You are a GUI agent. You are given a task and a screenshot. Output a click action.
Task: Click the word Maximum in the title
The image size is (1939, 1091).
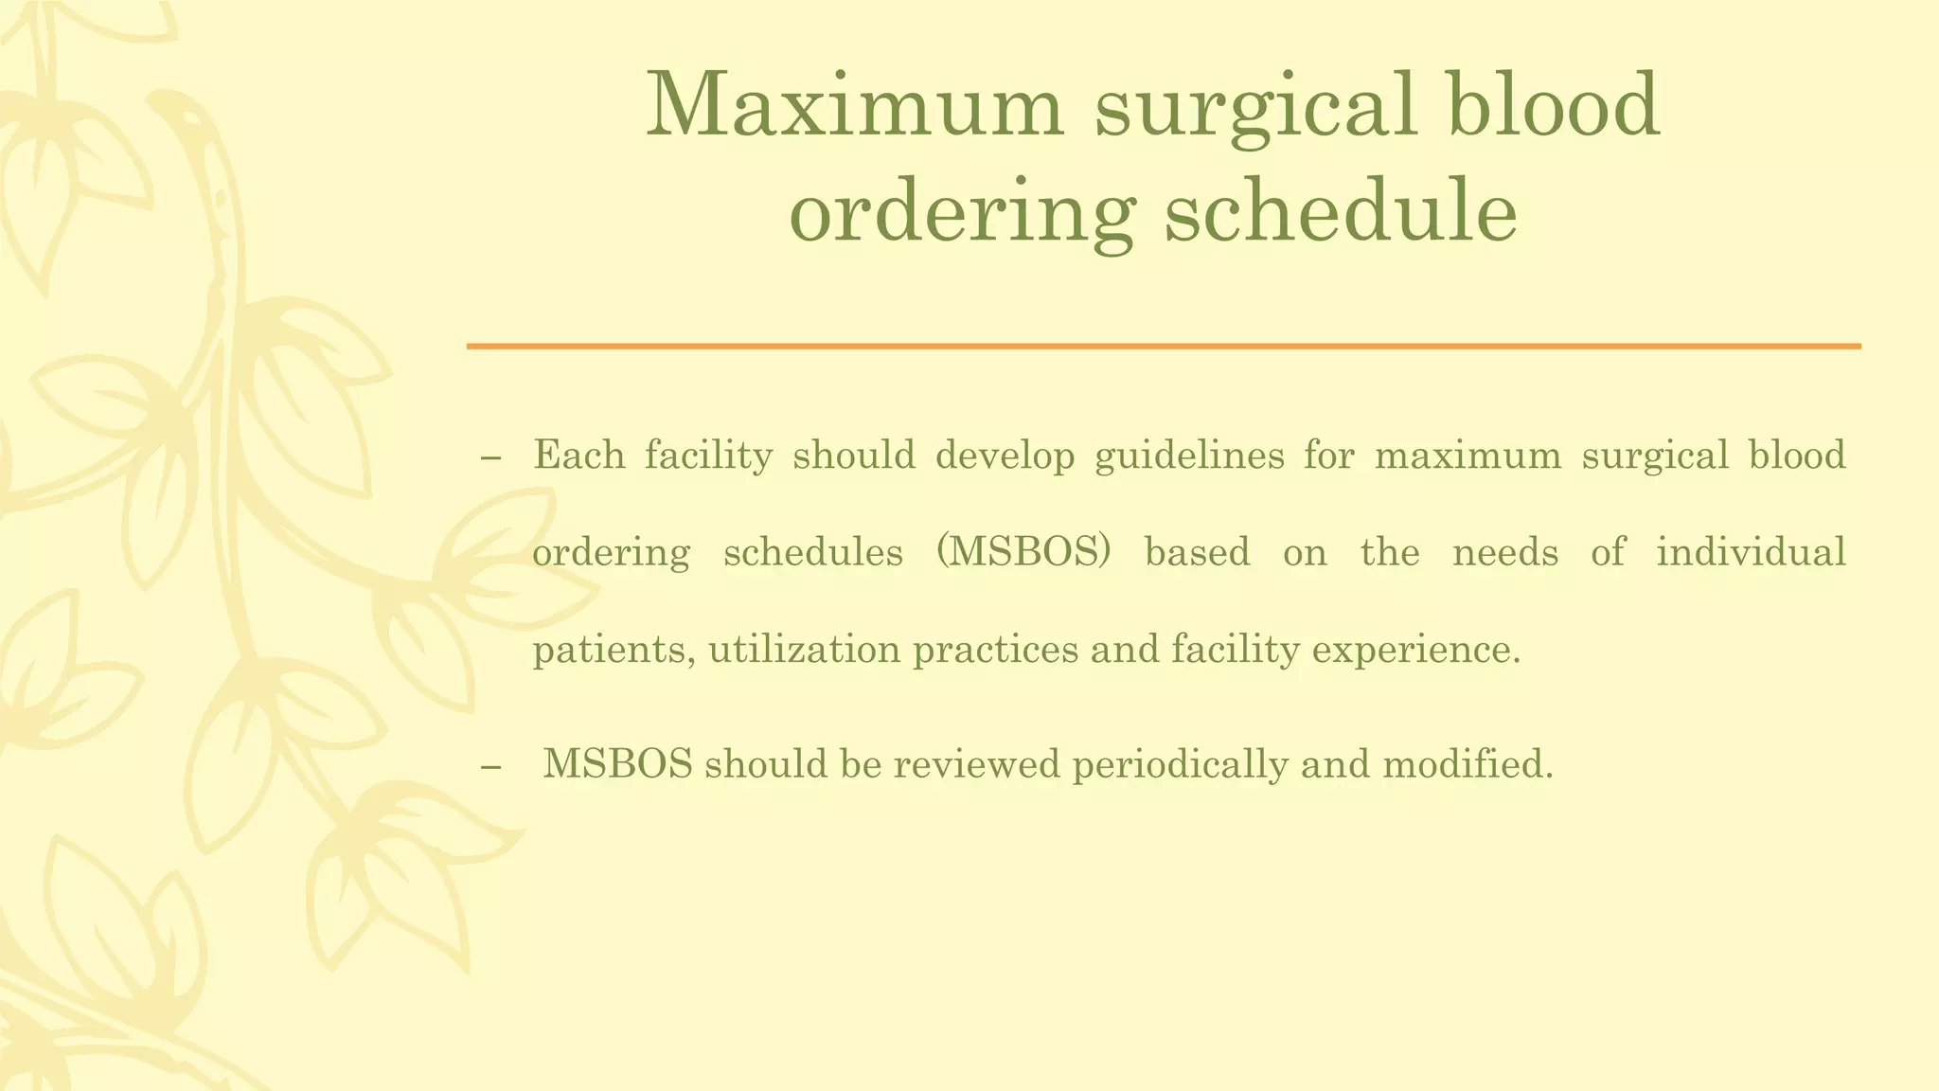pyautogui.click(x=855, y=106)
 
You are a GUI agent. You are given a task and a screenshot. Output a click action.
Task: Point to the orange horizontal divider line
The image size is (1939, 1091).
pyautogui.click(x=1164, y=347)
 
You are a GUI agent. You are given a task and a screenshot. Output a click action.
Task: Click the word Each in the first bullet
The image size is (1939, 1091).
pyautogui.click(x=578, y=456)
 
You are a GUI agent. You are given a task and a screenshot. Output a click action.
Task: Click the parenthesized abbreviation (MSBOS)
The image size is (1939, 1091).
pyautogui.click(x=1023, y=552)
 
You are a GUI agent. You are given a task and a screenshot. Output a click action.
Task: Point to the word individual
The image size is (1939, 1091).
pyautogui.click(x=1751, y=552)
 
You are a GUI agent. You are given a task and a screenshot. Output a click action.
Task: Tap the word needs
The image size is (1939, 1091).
pyautogui.click(x=1504, y=552)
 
